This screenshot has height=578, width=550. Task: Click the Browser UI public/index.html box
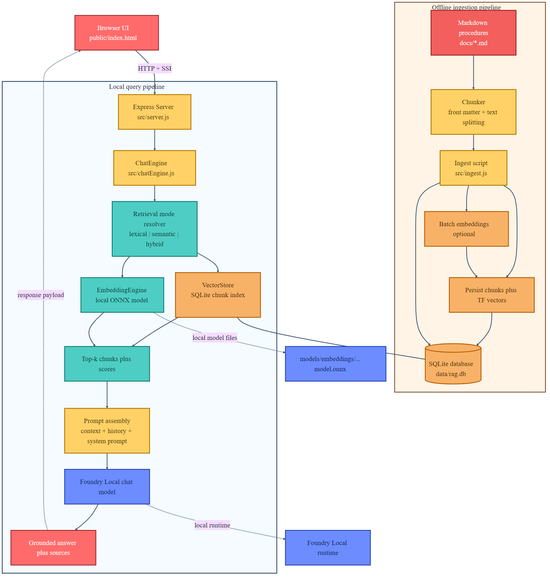(x=116, y=33)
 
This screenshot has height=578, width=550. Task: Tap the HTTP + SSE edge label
(x=155, y=68)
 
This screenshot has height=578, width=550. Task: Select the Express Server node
(x=155, y=112)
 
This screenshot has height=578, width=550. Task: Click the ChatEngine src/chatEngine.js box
(x=155, y=168)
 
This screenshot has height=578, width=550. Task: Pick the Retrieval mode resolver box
(x=155, y=229)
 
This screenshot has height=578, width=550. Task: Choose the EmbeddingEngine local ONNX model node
(x=122, y=295)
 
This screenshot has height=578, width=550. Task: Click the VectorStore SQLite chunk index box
(x=218, y=295)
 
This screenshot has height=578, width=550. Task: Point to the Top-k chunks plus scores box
(x=107, y=364)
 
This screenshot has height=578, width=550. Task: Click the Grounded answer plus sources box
(x=53, y=547)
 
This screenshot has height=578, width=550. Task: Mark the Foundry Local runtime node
(x=328, y=547)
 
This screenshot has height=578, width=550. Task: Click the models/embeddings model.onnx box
(x=335, y=364)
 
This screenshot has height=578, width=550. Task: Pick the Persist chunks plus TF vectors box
(x=491, y=295)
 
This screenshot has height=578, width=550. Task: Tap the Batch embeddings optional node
(x=466, y=229)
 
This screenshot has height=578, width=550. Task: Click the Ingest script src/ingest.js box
(x=473, y=168)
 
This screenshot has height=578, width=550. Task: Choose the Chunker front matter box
(x=473, y=112)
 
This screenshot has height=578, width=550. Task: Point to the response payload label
(x=41, y=295)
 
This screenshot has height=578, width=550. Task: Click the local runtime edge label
(x=212, y=525)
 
